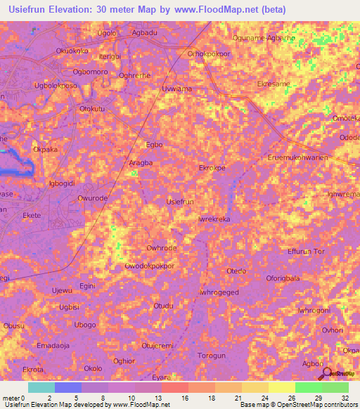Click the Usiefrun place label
click(179, 202)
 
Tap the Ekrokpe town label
click(212, 169)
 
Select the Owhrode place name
click(160, 248)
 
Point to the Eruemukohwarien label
click(298, 157)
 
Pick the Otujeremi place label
click(157, 345)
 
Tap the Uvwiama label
click(176, 89)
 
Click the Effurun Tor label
click(307, 252)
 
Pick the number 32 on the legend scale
click(343, 398)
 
